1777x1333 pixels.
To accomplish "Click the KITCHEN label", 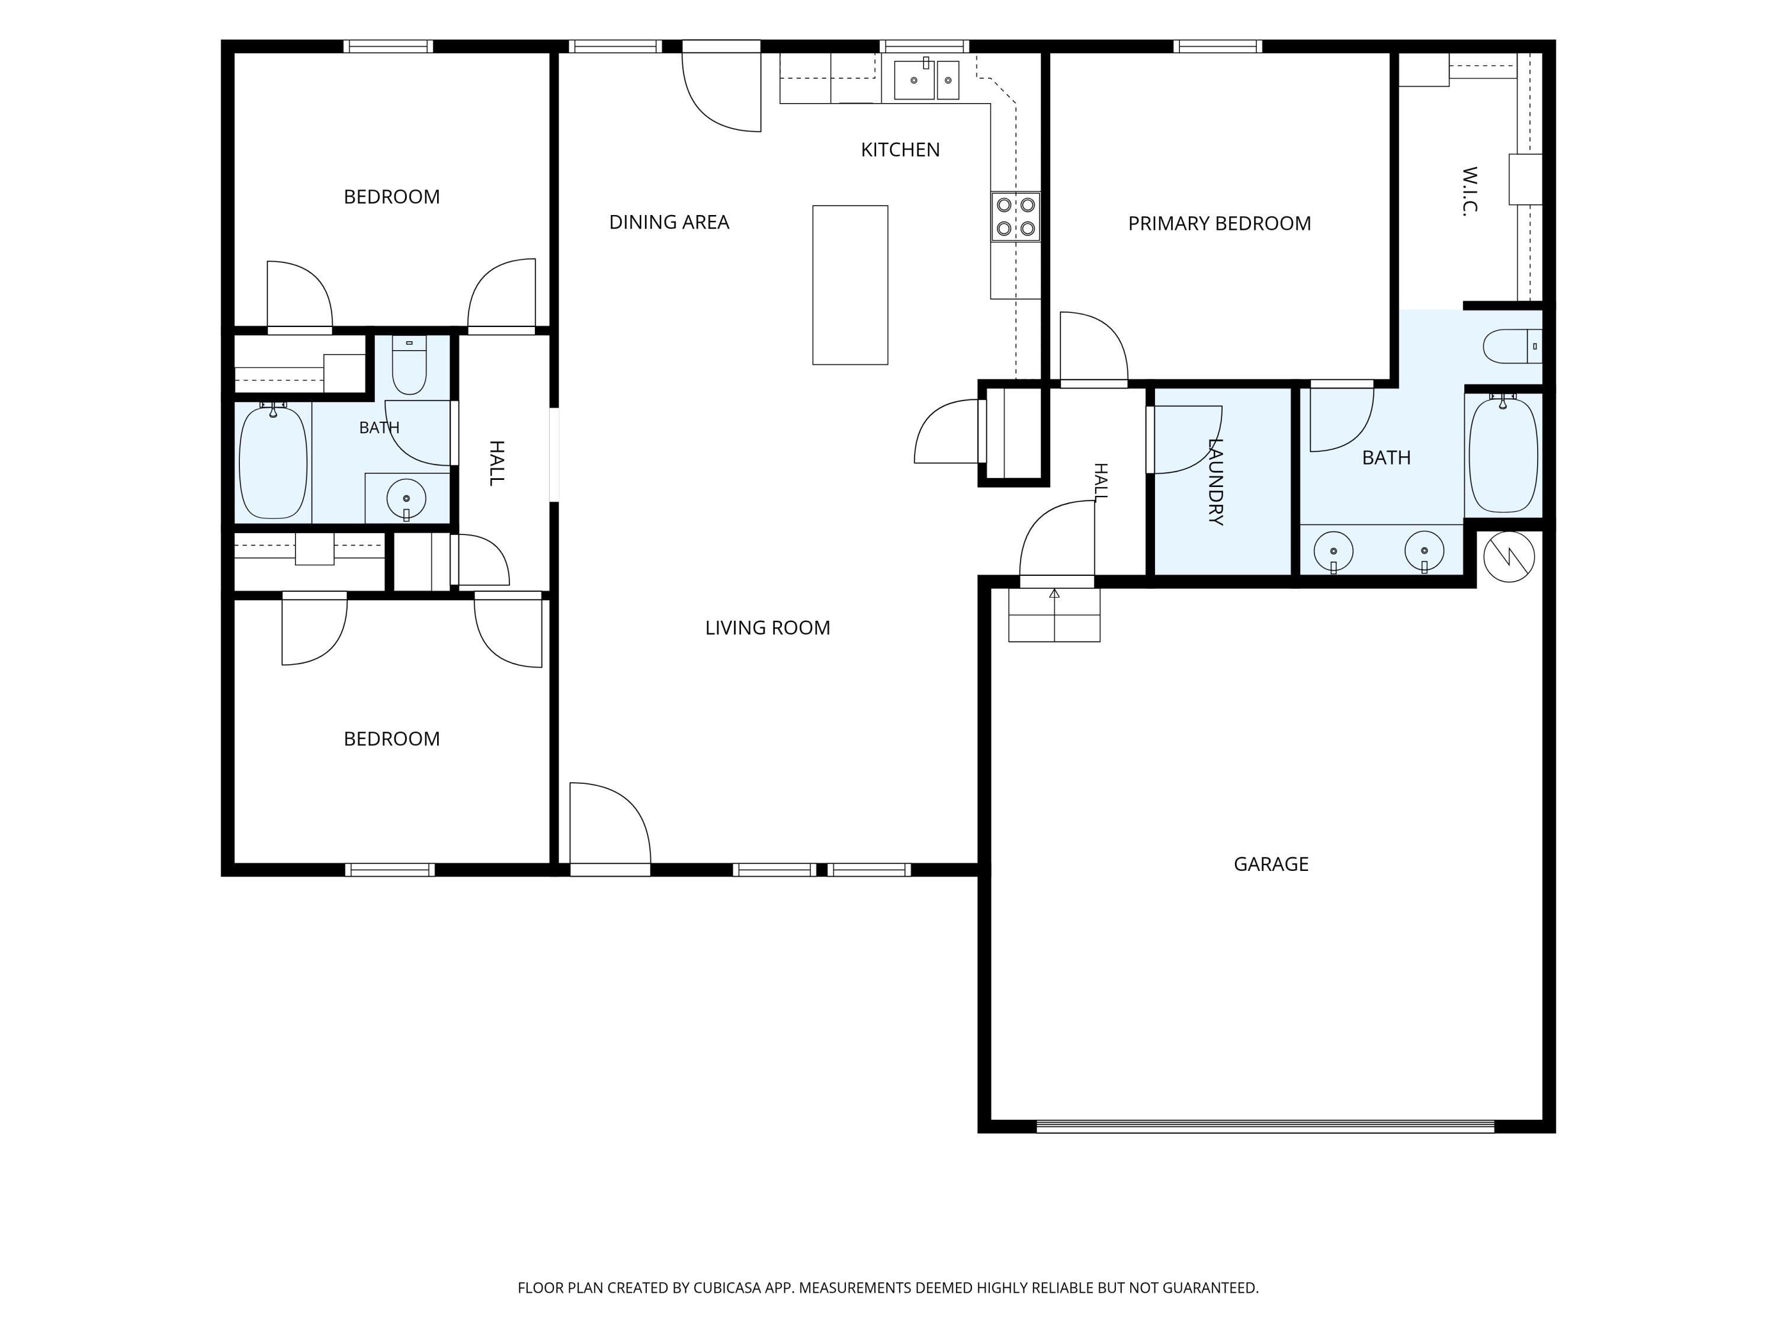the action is point(900,149).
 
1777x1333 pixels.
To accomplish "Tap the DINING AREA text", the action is point(669,222).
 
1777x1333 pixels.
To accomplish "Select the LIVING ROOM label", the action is point(767,627).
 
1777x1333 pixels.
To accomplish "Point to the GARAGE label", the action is point(1271,864).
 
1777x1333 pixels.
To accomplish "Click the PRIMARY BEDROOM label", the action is point(1220,223).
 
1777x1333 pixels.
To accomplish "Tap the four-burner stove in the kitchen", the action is point(1015,217).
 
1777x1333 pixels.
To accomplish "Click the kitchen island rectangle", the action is point(850,285).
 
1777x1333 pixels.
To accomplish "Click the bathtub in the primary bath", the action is point(1503,455).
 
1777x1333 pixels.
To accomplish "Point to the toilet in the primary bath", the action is point(1512,347).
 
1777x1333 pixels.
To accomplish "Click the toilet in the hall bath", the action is point(409,366).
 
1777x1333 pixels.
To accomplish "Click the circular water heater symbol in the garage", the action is point(1509,556).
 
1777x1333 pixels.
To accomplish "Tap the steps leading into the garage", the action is point(1054,615).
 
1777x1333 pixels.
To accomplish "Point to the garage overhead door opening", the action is point(1265,1126).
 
